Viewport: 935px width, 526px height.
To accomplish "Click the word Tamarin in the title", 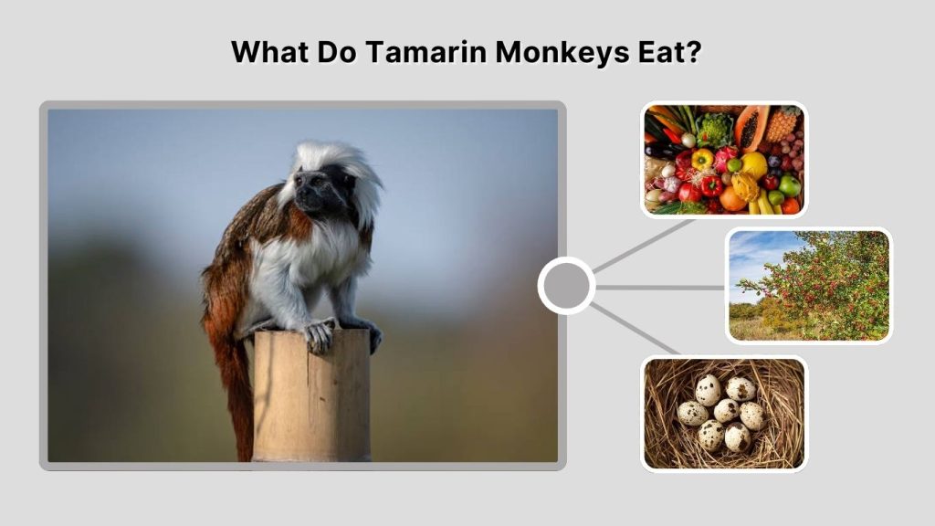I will click(425, 51).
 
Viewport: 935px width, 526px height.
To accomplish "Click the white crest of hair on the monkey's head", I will click(340, 160).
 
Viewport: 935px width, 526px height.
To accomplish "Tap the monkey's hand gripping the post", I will click(319, 335).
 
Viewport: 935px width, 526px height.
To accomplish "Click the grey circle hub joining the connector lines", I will click(566, 286).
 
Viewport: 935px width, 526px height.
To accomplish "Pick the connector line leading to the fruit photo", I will click(639, 247).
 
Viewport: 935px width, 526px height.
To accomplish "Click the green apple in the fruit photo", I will click(789, 185).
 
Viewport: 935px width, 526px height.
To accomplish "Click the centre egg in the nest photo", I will click(727, 410).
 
